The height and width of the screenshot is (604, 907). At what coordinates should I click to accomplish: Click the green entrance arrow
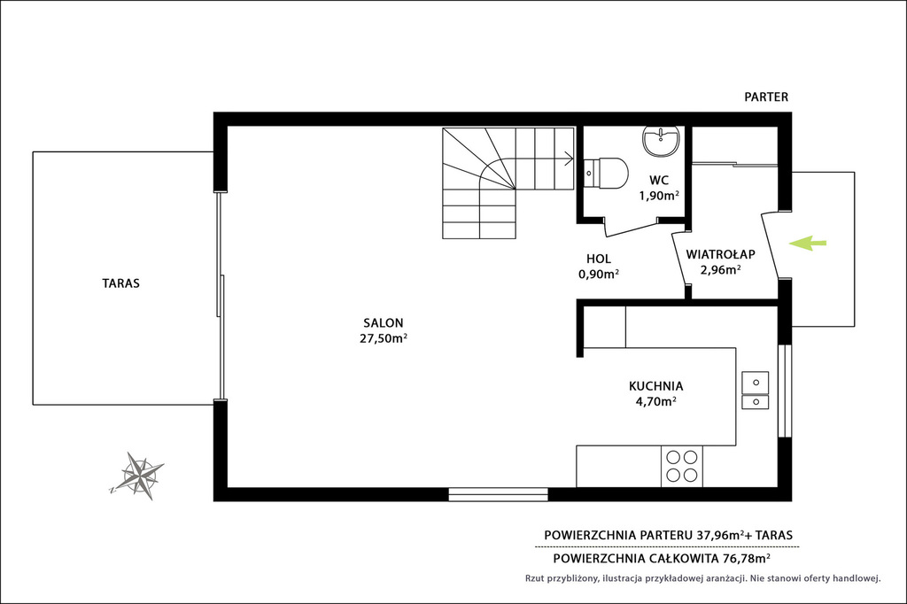point(808,244)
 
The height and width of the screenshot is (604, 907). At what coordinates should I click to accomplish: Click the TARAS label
point(120,283)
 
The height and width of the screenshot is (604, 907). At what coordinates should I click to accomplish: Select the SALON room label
point(384,323)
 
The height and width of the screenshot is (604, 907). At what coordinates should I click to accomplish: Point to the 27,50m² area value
point(384,338)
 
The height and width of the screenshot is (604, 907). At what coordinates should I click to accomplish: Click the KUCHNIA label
point(656,386)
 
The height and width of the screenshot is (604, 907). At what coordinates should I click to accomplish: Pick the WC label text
point(659,180)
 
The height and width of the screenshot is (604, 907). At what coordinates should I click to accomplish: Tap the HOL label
point(599,259)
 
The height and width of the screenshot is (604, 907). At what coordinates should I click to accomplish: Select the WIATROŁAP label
point(721,254)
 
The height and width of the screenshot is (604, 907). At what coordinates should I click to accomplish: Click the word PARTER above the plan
point(766,97)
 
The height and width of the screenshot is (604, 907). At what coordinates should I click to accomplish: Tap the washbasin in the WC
point(661,142)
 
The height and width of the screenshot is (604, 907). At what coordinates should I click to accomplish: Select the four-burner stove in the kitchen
point(682,467)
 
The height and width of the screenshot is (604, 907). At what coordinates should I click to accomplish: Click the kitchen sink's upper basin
point(756,383)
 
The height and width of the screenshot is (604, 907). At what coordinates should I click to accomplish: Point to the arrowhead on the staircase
point(570,158)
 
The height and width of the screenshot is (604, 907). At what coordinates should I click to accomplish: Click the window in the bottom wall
point(499,495)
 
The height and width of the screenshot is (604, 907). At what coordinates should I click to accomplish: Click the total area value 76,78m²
point(747,558)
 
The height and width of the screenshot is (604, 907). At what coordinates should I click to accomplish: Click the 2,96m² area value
point(721,269)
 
